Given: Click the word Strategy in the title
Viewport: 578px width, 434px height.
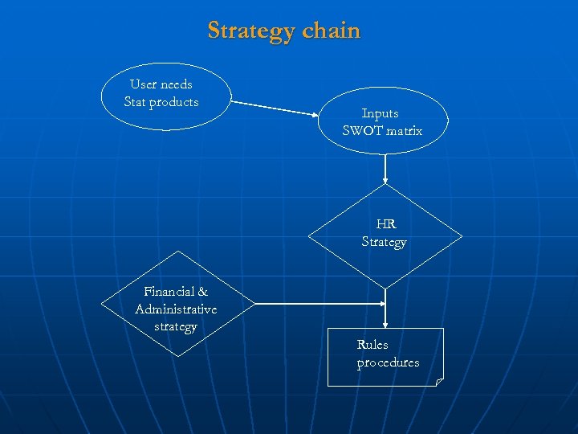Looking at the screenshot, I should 251,31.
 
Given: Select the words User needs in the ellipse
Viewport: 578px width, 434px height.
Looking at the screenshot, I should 161,84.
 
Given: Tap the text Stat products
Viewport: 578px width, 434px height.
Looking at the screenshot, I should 161,102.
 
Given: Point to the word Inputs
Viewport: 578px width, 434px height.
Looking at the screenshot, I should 380,113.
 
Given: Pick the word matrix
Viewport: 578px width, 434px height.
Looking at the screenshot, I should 404,131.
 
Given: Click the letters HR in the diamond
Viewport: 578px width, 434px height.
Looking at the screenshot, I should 385,225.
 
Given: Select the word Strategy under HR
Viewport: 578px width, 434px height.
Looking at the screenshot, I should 385,242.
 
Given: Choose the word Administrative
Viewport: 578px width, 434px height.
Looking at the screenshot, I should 176,309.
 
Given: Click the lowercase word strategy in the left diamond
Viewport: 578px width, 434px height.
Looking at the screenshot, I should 175,326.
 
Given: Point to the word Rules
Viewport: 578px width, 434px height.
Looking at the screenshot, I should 372,345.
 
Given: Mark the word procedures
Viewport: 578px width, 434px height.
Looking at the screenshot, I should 388,362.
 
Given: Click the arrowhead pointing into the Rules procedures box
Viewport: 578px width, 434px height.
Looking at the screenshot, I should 386,323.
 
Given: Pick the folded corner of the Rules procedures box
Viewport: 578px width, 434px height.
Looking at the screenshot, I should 438,382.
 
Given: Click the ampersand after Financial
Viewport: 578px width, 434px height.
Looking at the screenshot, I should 202,292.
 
